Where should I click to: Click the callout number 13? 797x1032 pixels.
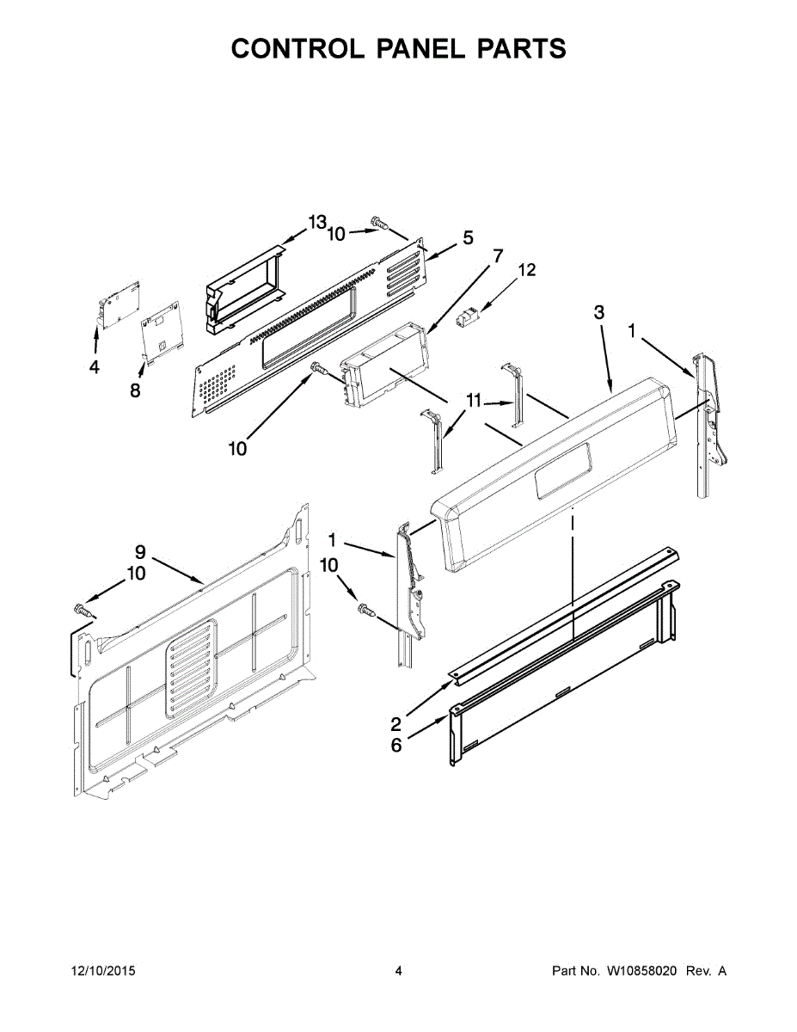click(317, 222)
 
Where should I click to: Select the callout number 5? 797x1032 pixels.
click(468, 238)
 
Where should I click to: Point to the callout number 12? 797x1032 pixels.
click(526, 270)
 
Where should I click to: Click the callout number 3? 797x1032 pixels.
click(599, 312)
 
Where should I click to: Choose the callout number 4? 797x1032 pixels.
click(94, 368)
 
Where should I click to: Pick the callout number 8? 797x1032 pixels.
click(135, 390)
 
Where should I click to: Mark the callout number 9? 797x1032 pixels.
click(140, 551)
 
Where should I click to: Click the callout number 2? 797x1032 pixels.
click(395, 723)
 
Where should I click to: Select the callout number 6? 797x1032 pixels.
click(396, 745)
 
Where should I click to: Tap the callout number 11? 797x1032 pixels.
click(474, 401)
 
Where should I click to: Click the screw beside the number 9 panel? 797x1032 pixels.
click(83, 611)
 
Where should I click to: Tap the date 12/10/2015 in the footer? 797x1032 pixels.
click(102, 971)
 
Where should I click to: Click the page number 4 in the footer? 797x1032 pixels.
click(398, 971)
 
